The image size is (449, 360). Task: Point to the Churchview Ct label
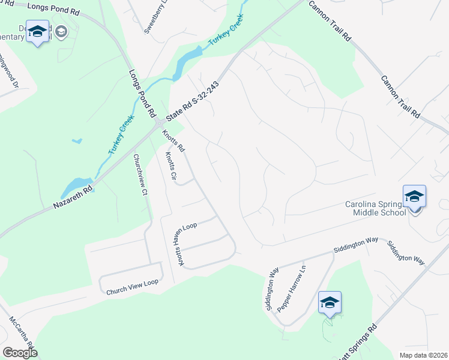(140, 175)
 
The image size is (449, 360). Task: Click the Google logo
(20, 352)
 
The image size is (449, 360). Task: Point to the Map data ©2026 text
(424, 355)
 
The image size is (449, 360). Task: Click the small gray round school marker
(61, 32)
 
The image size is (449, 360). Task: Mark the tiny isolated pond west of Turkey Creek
(76, 142)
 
